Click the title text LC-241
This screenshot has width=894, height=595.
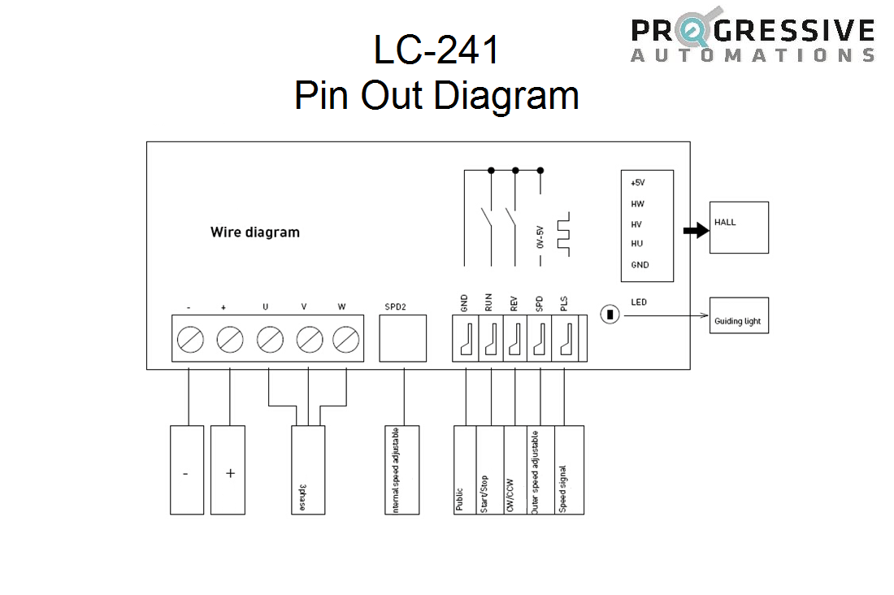(436, 50)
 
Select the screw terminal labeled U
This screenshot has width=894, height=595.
(270, 338)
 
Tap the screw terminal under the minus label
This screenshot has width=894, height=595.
(190, 338)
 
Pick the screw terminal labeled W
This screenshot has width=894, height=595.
(346, 338)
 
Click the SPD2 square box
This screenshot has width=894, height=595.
(402, 338)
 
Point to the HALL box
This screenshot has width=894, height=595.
(739, 227)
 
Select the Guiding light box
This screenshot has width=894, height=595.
(739, 315)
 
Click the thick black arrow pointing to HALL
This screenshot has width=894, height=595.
(695, 231)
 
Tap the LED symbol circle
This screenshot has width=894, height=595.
(610, 315)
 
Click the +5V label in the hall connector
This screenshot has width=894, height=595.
(637, 183)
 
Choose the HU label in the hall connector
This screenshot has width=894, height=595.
(637, 243)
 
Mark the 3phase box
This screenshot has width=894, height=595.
(308, 470)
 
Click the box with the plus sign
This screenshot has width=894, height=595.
(228, 470)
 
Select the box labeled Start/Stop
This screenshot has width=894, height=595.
(491, 470)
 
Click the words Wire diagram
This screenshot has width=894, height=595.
(255, 232)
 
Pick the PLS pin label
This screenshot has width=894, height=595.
(564, 303)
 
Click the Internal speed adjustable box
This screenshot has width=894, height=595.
(402, 470)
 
